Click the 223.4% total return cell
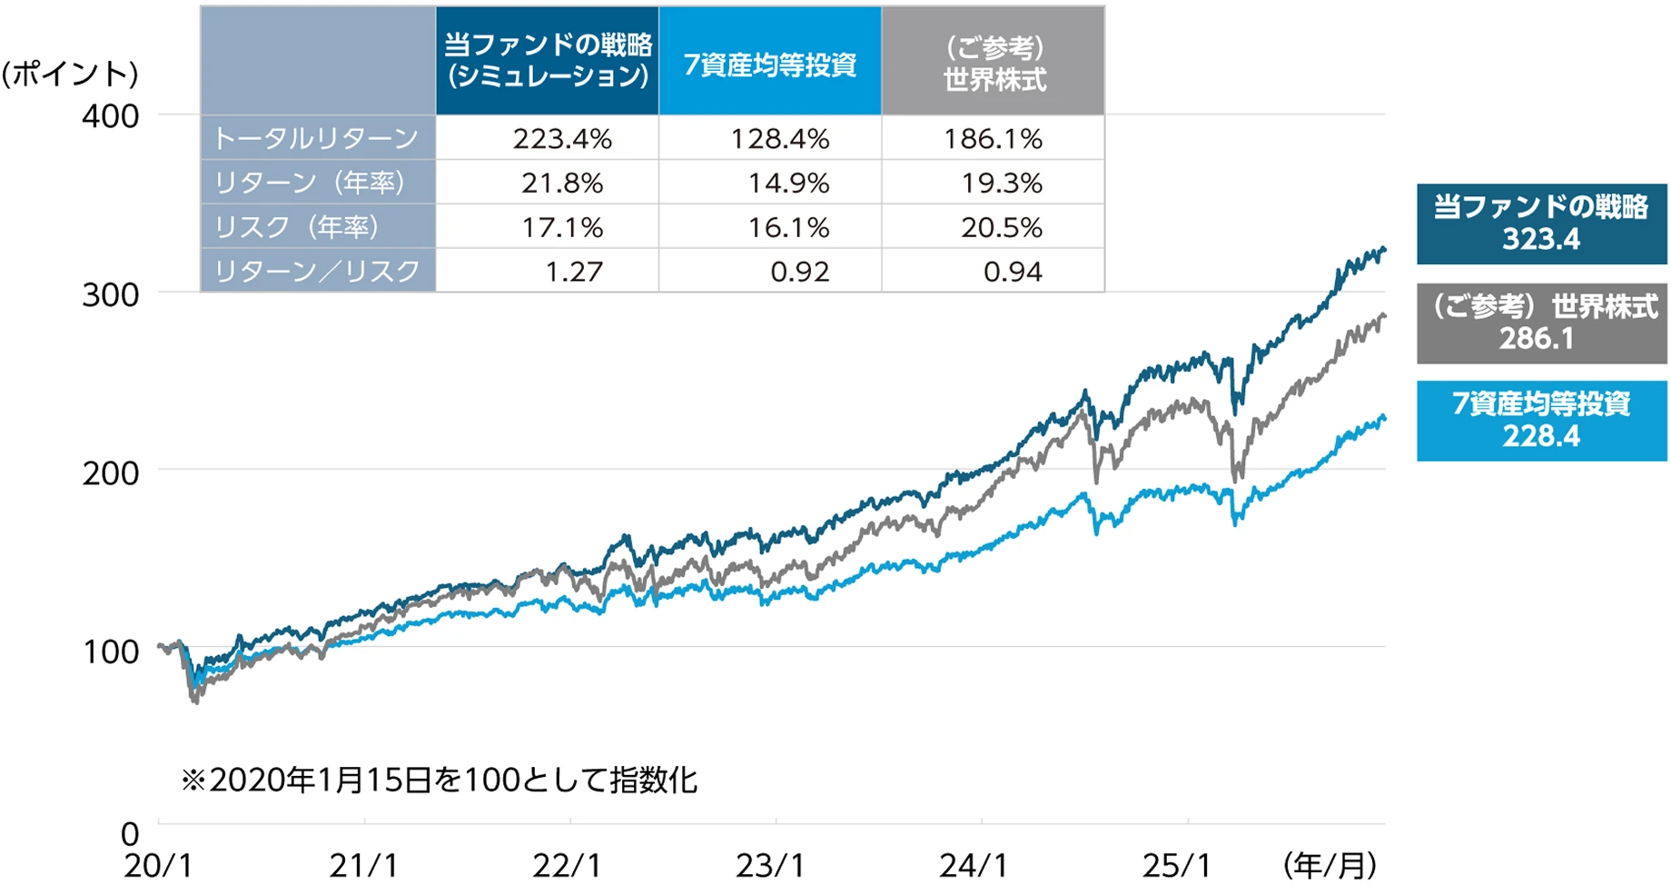click(x=562, y=139)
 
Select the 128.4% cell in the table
click(x=780, y=139)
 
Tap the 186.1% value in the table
click(x=993, y=139)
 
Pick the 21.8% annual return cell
click(x=562, y=184)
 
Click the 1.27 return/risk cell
click(x=574, y=272)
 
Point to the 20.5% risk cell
click(x=1002, y=227)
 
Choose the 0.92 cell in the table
click(x=799, y=272)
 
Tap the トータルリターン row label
click(x=316, y=139)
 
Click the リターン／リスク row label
click(x=316, y=272)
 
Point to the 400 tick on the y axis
click(x=111, y=116)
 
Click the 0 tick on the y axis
click(x=130, y=833)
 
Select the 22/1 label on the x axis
click(x=567, y=866)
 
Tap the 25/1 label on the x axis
click(x=1177, y=866)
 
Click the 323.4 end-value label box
click(x=1541, y=224)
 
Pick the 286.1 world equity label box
click(x=1541, y=323)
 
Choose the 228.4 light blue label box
click(x=1541, y=421)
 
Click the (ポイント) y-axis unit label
click(x=70, y=74)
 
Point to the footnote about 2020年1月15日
click(x=439, y=781)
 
